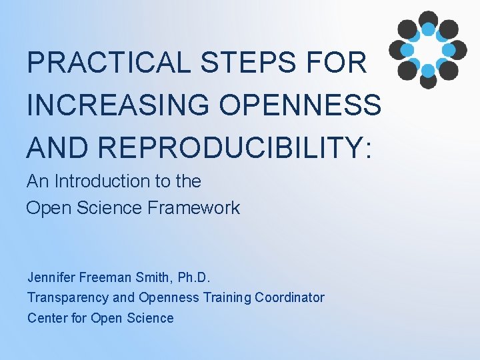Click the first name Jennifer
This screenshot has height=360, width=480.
click(x=51, y=277)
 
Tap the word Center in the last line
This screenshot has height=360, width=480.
click(x=47, y=318)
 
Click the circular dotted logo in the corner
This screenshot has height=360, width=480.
click(x=427, y=49)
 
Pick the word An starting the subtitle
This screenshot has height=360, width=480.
click(x=37, y=181)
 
